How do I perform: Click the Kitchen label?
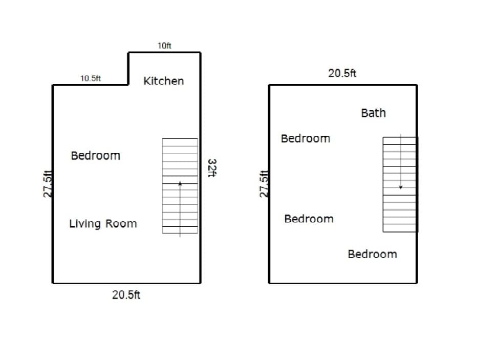(163, 81)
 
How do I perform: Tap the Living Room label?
(103, 224)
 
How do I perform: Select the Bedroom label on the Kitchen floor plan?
(95, 156)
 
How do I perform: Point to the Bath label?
(373, 113)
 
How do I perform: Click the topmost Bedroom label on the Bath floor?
(305, 139)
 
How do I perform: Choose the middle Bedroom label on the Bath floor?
(309, 219)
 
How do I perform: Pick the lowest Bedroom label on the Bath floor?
(372, 255)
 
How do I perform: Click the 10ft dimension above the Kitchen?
(164, 46)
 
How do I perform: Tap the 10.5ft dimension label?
(91, 79)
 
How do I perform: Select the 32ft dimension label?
(212, 167)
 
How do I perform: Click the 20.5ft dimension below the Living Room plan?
(126, 295)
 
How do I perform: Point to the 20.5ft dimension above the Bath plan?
(342, 73)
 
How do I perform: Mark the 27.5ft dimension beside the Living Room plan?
(48, 183)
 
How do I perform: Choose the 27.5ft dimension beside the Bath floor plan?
(264, 183)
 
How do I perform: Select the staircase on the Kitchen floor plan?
(180, 185)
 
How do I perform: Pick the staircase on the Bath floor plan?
(400, 184)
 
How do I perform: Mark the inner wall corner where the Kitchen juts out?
(128, 84)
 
